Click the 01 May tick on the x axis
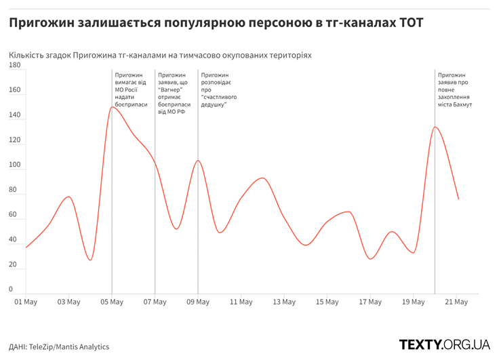[26, 302]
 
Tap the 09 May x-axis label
[198, 302]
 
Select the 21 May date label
[456, 302]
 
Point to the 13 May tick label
[284, 302]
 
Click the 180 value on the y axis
[15, 65]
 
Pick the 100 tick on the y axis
[15, 165]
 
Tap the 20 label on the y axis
[13, 264]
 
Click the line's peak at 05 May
[112, 107]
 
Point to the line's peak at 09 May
[198, 161]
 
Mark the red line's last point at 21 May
[458, 199]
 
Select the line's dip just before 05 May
[90, 260]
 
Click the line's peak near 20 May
[435, 127]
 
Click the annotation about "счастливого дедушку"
[218, 90]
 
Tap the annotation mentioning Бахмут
[455, 90]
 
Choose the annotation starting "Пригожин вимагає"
[132, 90]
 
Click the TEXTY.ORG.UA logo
[444, 344]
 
